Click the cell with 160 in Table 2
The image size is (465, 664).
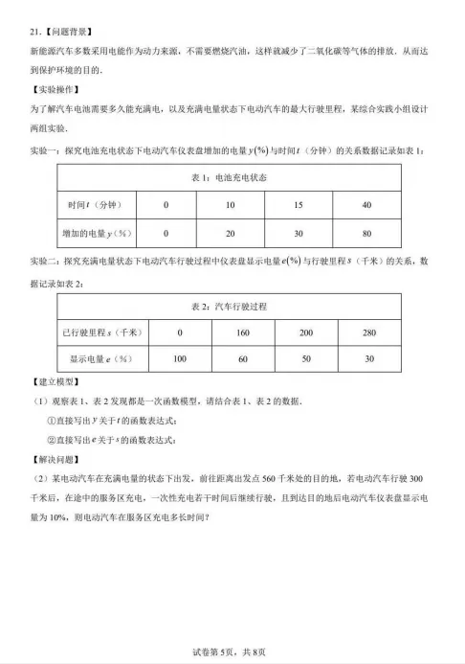[x=242, y=332]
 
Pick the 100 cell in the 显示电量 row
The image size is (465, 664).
[x=179, y=358]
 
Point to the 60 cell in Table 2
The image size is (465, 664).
[x=242, y=358]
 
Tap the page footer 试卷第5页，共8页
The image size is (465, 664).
[x=232, y=653]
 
